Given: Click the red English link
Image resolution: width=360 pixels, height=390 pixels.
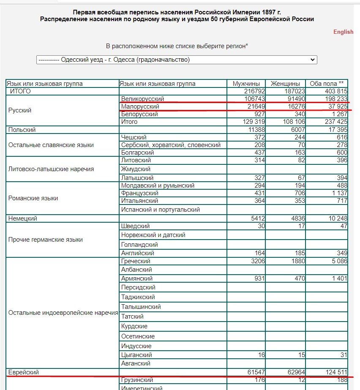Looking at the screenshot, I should coord(343,32).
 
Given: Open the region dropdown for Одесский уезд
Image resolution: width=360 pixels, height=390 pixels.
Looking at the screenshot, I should coord(176,60).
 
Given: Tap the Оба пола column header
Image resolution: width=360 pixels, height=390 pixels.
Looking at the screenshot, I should coord(327,84).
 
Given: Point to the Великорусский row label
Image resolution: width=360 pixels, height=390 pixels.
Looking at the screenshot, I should coord(142,99).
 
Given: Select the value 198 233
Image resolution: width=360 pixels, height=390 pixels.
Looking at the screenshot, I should coord(335,99).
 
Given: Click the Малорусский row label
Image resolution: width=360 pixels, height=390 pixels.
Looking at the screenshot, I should coord(140,106).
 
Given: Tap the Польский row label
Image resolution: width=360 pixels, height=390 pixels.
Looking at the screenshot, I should coord(22,130).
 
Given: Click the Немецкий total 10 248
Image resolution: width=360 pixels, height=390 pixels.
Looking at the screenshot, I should coord(337,218).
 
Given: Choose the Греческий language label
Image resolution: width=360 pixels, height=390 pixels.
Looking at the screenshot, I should coord(136,261).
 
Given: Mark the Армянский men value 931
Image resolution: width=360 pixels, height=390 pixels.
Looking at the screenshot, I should coord(259,278).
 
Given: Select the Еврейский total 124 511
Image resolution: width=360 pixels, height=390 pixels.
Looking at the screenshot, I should coord(335,372).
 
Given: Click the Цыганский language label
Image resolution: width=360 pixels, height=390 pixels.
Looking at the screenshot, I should coord(136,355).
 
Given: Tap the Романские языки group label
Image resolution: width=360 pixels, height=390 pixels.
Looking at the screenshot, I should coord(33,198).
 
